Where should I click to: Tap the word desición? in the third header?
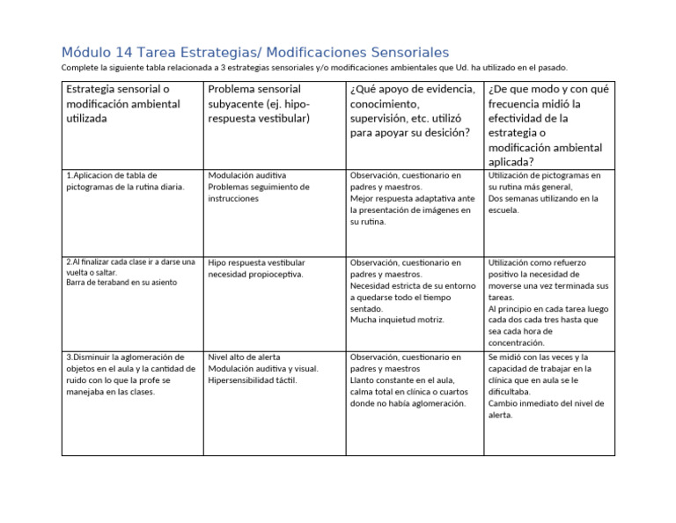pos(440,133)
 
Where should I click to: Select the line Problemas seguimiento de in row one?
pos(259,187)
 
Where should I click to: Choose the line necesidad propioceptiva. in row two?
pos(255,274)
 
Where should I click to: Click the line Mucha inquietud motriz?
pos(397,320)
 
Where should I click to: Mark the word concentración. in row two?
pos(517,343)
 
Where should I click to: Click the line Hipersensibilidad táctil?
pos(253,380)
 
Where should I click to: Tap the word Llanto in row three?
pos(363,380)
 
